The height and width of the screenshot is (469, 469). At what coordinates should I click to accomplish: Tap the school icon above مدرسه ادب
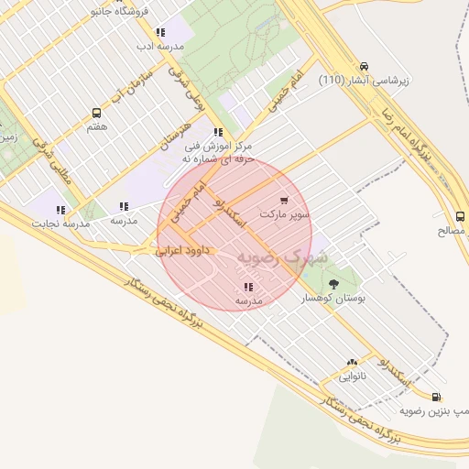(160, 32)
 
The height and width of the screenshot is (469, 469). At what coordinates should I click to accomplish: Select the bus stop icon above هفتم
(96, 113)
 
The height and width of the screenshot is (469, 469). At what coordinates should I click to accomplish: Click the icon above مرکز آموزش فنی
(217, 132)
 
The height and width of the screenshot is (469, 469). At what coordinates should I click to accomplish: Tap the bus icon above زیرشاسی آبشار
(364, 66)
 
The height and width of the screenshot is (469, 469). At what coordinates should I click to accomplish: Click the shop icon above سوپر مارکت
(284, 201)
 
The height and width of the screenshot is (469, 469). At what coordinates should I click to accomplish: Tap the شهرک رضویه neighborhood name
(280, 257)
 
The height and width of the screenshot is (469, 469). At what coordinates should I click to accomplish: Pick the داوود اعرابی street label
(183, 248)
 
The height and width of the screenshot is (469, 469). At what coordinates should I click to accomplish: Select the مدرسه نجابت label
(61, 224)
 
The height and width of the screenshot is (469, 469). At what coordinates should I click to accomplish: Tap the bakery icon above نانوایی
(352, 363)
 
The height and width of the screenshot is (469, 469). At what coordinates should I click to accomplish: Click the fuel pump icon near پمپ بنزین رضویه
(436, 397)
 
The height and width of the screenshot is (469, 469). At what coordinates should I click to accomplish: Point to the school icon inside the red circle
(248, 287)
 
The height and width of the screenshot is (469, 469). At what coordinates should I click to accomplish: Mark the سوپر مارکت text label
(284, 213)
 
